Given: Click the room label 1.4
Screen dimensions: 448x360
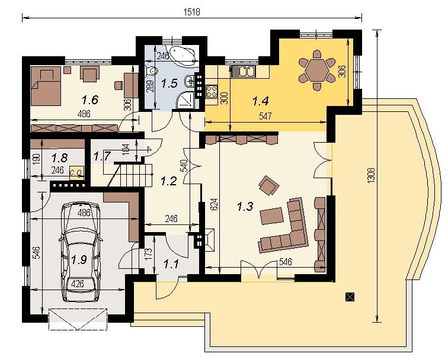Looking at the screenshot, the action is coord(261,101).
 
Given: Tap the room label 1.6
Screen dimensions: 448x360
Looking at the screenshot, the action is coord(90,100).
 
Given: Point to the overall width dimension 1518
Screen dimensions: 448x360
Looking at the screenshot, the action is coord(192,12).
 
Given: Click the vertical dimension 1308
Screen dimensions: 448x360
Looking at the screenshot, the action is coord(371,175).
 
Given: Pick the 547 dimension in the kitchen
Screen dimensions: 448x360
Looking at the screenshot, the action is coord(265,116).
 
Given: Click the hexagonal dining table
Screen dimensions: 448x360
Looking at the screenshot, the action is coord(316,70).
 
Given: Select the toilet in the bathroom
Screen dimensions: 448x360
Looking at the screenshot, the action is coord(152,72).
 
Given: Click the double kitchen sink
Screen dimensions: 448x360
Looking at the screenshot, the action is coord(243,71).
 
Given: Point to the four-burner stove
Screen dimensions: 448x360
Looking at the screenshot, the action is coord(211,91).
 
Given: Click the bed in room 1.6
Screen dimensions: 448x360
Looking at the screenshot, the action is coord(46,86).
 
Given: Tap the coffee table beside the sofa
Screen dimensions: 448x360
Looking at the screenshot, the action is coord(271,216).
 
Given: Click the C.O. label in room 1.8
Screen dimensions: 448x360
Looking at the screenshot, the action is coord(76,172).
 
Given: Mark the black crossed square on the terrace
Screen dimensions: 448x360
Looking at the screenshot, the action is coord(350,297).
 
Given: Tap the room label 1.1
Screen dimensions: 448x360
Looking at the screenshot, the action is coord(171,264).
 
